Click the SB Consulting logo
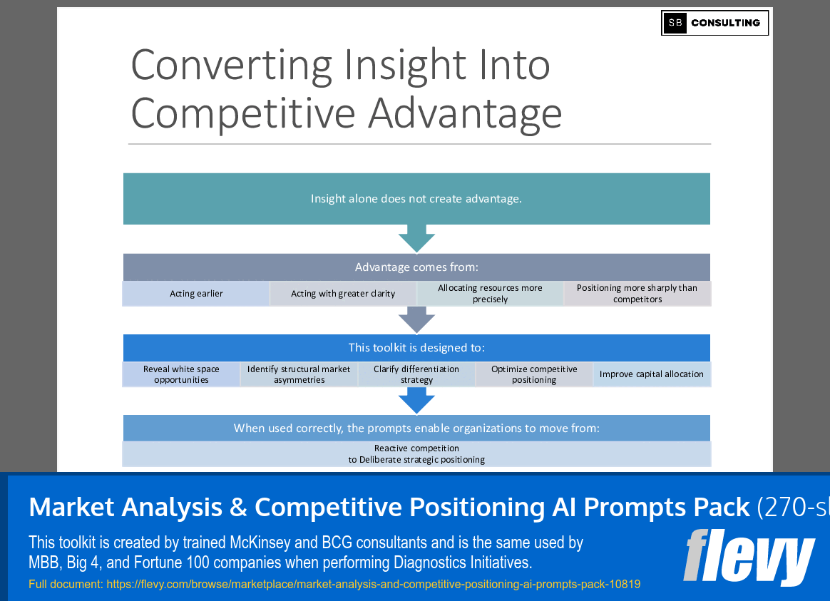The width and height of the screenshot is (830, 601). [714, 23]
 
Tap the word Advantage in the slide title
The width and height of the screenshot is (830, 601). [465, 113]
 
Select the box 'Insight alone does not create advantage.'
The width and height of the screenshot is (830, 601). [416, 199]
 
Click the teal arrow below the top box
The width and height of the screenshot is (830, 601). [416, 238]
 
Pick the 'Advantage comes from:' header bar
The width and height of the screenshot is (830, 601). [416, 267]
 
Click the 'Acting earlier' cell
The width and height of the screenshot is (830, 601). [196, 294]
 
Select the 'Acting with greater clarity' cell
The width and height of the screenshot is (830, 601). [343, 294]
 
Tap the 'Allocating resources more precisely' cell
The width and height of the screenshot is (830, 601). [490, 294]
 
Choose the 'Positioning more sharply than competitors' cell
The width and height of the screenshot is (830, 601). [637, 294]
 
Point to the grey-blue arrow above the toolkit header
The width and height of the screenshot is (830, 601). [416, 319]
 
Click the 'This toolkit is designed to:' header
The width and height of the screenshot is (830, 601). [416, 348]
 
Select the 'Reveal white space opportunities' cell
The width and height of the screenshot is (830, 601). [181, 374]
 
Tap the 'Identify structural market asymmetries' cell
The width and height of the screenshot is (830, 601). [299, 374]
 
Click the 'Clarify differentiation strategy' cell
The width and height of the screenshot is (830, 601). [416, 374]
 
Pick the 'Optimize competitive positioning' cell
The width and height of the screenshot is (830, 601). [534, 374]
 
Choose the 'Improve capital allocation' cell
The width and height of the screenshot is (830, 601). [651, 374]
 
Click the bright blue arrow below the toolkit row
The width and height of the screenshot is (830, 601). [416, 401]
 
